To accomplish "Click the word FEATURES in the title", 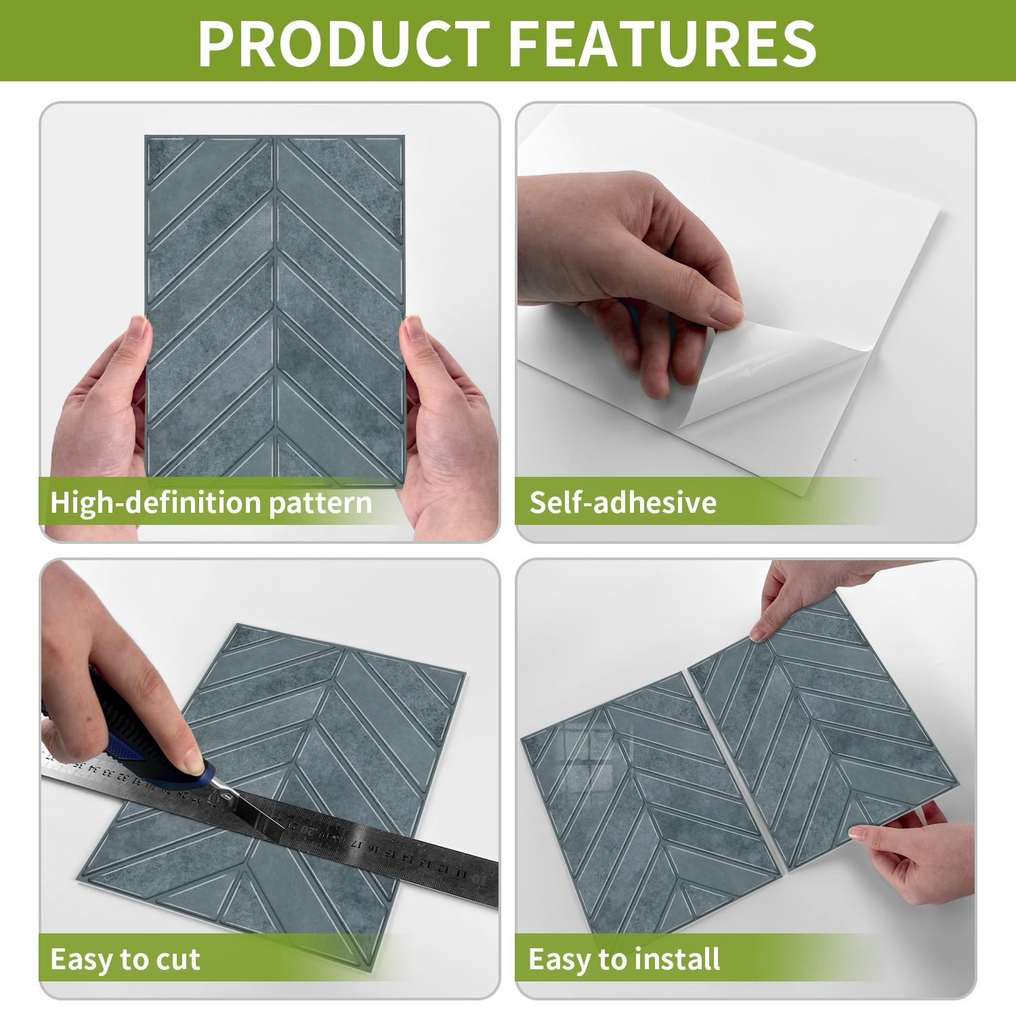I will (x=662, y=42).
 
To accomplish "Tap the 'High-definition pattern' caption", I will (x=211, y=503).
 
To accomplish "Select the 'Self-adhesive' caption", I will (x=622, y=503).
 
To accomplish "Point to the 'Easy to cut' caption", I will (x=125, y=959).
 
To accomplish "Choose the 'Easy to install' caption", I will (x=624, y=959).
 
